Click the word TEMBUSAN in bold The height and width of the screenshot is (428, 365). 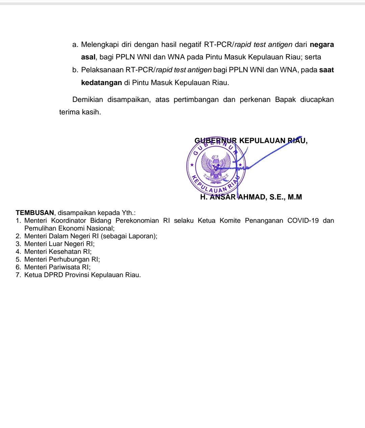tap(35, 213)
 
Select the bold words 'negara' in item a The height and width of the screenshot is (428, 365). tap(322, 45)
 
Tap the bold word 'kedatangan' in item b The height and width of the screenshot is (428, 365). tap(101, 82)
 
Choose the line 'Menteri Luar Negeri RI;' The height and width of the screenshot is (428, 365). tap(59, 244)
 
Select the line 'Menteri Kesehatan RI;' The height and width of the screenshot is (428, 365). tap(58, 251)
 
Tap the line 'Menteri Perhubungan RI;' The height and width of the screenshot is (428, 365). tap(62, 259)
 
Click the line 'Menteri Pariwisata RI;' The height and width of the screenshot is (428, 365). tap(57, 267)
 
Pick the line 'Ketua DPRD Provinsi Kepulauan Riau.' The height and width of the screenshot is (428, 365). tap(82, 275)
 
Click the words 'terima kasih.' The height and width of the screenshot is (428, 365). tap(80, 112)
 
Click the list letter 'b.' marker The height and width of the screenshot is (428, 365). tap(75, 70)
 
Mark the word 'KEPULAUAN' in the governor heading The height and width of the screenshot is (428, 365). tap(262, 141)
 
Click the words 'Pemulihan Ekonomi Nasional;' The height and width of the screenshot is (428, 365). tap(69, 228)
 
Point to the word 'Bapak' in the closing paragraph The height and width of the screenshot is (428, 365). tap(285, 100)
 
